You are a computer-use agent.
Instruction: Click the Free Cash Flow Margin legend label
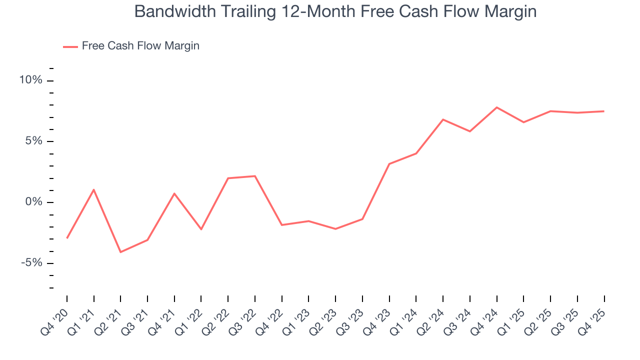(140, 46)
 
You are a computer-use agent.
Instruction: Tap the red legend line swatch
(70, 46)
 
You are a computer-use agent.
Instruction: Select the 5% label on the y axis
(34, 141)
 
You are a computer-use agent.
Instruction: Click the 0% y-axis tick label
(34, 202)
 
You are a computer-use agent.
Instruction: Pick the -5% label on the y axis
(32, 263)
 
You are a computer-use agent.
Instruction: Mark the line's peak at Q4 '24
(496, 107)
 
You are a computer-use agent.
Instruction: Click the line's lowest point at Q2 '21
(120, 252)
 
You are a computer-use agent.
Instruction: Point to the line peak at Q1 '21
(93, 189)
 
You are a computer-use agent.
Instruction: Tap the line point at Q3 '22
(255, 176)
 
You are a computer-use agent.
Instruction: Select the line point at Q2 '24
(443, 119)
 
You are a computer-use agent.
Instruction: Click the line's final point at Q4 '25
(604, 111)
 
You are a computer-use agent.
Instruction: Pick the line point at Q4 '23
(389, 164)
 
